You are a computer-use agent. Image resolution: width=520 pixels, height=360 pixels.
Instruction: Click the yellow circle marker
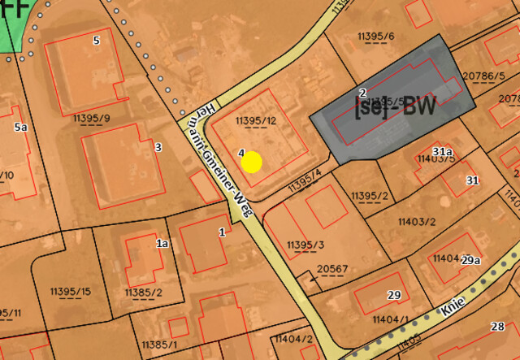click(x=252, y=162)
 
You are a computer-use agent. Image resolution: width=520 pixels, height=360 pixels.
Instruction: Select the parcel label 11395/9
click(x=91, y=119)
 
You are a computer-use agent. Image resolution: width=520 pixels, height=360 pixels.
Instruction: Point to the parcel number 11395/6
click(x=375, y=37)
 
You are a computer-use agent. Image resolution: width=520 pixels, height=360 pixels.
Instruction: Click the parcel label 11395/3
click(x=305, y=245)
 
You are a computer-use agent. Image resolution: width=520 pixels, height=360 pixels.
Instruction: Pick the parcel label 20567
click(x=332, y=269)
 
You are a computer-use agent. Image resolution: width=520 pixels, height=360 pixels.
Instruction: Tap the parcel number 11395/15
click(x=70, y=292)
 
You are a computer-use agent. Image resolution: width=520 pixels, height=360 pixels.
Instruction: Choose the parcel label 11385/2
click(x=144, y=293)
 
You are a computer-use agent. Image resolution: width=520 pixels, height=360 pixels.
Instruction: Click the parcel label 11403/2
click(x=417, y=221)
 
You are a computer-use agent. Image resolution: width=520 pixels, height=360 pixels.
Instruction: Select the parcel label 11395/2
click(x=369, y=196)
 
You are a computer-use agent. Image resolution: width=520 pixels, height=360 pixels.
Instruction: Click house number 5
click(x=97, y=40)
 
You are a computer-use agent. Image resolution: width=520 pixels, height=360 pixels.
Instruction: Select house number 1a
click(x=162, y=243)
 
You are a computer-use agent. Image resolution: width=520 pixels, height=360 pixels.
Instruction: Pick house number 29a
click(x=471, y=261)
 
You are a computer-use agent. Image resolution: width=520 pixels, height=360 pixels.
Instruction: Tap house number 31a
click(x=442, y=152)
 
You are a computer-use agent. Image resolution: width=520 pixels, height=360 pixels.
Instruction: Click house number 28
click(x=497, y=327)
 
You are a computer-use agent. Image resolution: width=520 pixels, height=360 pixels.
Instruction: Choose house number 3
click(x=158, y=147)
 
